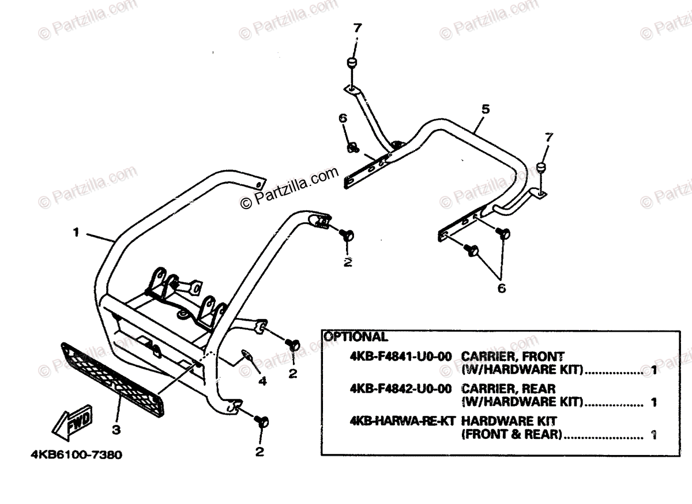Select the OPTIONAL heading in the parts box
pyautogui.click(x=355, y=338)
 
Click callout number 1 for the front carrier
pyautogui.click(x=76, y=233)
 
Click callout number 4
pyautogui.click(x=262, y=381)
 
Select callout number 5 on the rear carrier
pyautogui.click(x=485, y=108)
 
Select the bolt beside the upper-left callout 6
pyautogui.click(x=351, y=148)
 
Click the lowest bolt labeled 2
pyautogui.click(x=263, y=422)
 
